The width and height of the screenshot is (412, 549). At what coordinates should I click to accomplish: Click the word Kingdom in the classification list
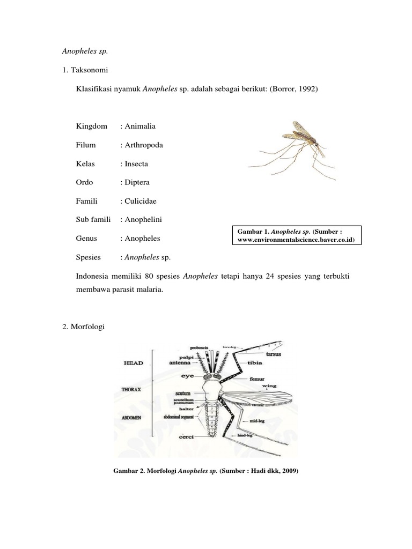pos(92,126)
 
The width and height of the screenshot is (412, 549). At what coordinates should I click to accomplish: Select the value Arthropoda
pos(142,145)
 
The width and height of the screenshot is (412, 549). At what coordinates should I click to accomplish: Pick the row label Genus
pos(87,238)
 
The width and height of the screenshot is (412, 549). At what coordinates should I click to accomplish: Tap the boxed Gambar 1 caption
pos(297,235)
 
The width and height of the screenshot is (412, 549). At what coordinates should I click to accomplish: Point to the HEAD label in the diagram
pos(134,363)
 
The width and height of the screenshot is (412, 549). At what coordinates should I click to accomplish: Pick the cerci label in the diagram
pos(186,437)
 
